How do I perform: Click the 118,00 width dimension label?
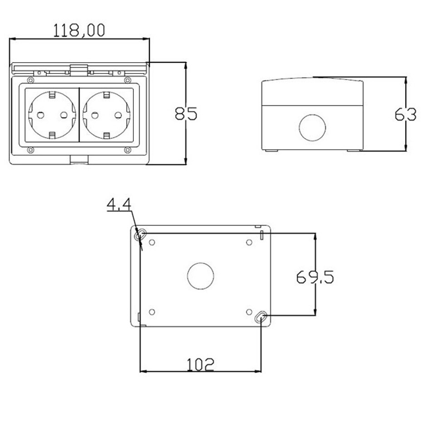point(79,30)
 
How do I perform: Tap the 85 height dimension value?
point(186,113)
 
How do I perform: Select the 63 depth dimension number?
point(405,115)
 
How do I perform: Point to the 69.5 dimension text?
point(315,276)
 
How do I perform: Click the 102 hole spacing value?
point(200,364)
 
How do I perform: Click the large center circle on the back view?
point(201,276)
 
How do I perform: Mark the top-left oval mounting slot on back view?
point(141,235)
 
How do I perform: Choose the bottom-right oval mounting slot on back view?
point(261,318)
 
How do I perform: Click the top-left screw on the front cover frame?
point(30,81)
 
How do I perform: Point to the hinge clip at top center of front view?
point(78,70)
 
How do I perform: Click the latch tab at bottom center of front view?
point(79,160)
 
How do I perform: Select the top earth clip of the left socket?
point(52,95)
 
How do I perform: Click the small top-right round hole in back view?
point(249,242)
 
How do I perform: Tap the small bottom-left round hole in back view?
point(152,312)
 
